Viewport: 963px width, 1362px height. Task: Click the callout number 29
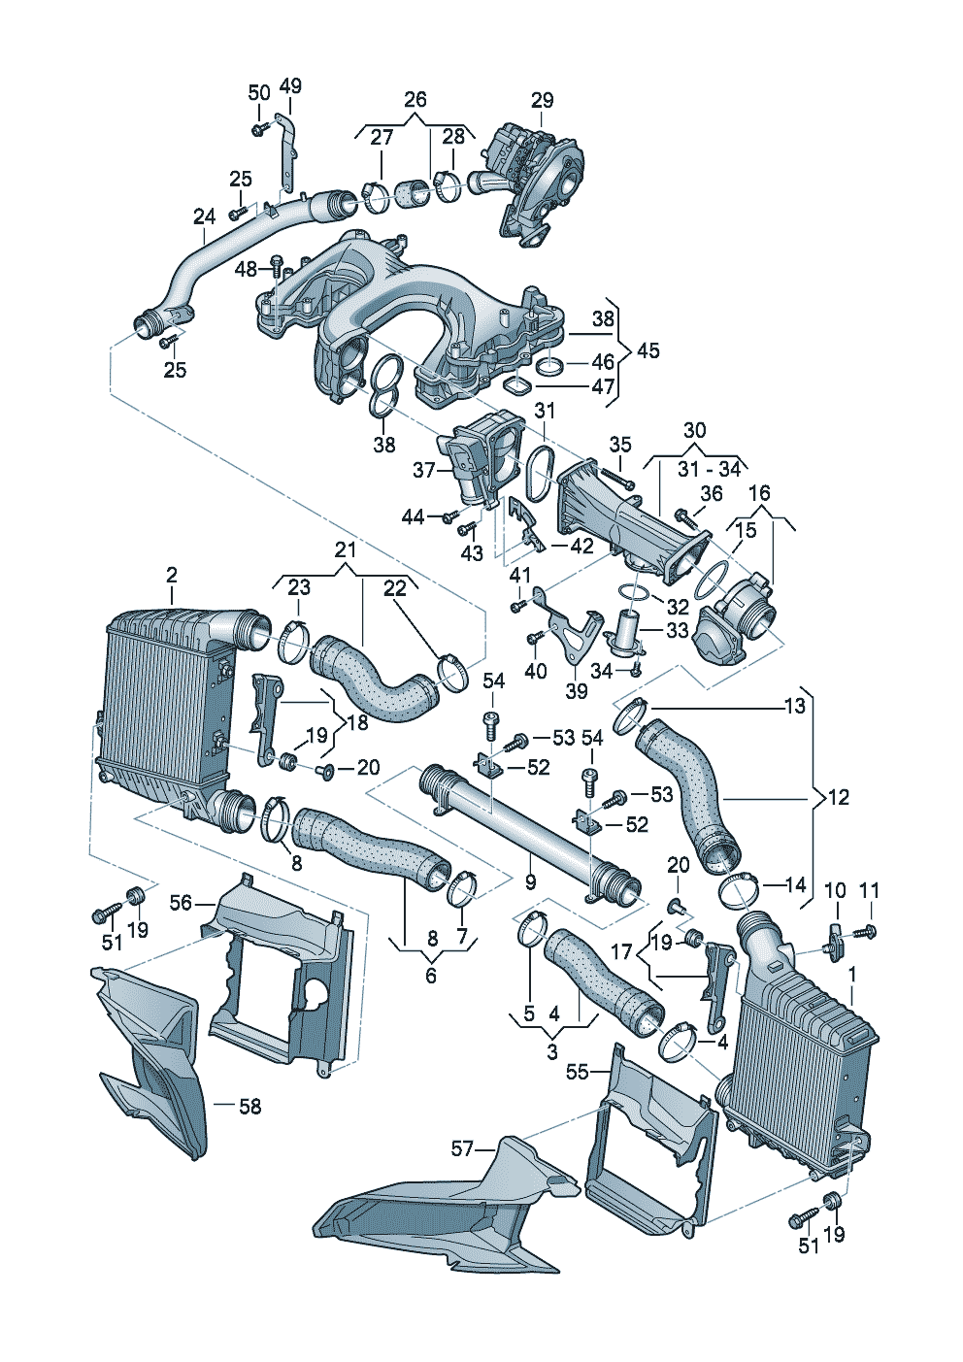tap(543, 100)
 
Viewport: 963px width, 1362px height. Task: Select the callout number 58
tap(249, 1107)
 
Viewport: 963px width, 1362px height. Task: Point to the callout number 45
tap(648, 350)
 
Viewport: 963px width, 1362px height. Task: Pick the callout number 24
tap(204, 216)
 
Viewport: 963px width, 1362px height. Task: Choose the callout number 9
tap(530, 881)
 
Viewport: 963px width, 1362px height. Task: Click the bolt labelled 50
tap(259, 128)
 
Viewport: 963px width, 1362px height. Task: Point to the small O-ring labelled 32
tap(630, 590)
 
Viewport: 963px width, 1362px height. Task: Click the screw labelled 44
tap(450, 516)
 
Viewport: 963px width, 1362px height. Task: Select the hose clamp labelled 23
tap(295, 641)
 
